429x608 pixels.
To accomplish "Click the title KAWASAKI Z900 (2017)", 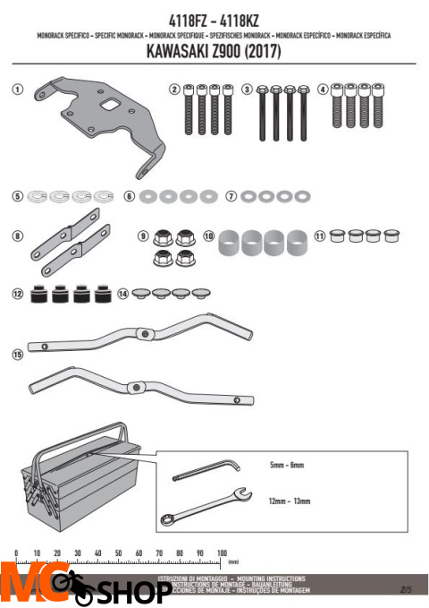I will click(x=214, y=52).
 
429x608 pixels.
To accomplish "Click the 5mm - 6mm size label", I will click(x=285, y=467).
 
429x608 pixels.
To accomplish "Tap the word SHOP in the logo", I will click(x=132, y=591).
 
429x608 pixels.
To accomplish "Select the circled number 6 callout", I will click(x=130, y=194).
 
